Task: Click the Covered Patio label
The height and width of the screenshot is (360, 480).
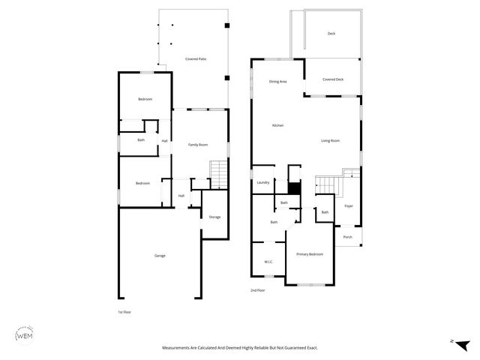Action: (196, 58)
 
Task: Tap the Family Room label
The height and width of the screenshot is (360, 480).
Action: (197, 144)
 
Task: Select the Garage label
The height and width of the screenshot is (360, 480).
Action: (160, 256)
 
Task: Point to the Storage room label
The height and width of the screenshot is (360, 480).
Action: (214, 217)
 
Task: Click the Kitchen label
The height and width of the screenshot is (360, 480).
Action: (277, 125)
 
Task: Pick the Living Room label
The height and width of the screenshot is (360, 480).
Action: (331, 141)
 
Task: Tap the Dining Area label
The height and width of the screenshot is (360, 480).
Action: (278, 81)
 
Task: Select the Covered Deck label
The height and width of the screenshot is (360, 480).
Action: (333, 79)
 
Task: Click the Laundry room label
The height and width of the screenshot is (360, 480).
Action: (262, 182)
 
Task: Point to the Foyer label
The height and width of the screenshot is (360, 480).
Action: (349, 205)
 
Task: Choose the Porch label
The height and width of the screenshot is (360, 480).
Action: (347, 237)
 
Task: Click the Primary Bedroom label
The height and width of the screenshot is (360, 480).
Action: (310, 254)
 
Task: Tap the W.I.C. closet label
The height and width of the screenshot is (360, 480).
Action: (268, 262)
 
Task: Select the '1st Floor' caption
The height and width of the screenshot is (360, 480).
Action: (125, 311)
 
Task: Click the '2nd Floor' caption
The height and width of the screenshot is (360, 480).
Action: (257, 289)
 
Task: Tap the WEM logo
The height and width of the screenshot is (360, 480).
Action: (23, 335)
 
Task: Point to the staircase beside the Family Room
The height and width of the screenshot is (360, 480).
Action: (217, 175)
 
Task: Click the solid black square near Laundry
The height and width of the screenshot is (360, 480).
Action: (295, 188)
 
